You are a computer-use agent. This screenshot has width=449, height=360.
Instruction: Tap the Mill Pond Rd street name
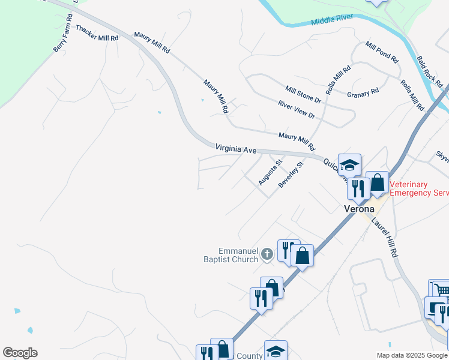tap(382, 52)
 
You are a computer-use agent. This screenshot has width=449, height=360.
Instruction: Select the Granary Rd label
tap(363, 93)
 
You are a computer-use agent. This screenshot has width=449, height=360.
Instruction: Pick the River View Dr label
tap(296, 109)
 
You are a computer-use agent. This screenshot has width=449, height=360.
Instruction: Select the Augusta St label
tap(270, 172)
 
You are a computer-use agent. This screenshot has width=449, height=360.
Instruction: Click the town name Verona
tap(359, 209)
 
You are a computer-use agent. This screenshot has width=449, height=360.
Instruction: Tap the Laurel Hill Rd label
tap(384, 238)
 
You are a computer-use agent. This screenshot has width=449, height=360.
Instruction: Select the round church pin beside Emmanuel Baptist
tap(267, 256)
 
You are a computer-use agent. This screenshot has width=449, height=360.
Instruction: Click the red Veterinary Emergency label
tap(419, 188)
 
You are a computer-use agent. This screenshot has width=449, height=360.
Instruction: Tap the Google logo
tap(20, 353)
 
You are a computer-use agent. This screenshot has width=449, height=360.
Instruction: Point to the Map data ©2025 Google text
tap(411, 355)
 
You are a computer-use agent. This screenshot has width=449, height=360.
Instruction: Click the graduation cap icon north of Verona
tap(349, 164)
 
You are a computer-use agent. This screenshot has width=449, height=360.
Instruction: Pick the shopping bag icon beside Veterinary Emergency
tap(377, 182)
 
